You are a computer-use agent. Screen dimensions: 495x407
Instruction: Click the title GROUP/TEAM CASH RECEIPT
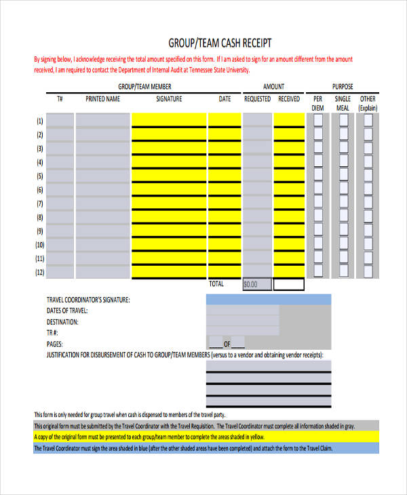coord(219,43)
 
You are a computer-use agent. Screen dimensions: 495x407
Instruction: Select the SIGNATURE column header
coord(169,99)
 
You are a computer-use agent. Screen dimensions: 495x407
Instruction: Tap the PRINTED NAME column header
coord(102,99)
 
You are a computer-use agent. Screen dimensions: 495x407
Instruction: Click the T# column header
coord(60,99)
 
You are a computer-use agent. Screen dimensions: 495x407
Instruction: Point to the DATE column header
coord(225,99)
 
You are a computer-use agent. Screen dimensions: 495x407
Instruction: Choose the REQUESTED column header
coord(257,99)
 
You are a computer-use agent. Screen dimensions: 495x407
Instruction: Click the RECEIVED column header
coord(289,99)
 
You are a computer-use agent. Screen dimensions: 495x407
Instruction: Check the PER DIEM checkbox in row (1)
coord(318,120)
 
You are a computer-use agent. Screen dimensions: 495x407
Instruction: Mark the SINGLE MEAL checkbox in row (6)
coord(343,189)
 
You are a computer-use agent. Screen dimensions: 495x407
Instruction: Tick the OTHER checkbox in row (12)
coord(368,272)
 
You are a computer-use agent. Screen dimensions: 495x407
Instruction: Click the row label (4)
coord(39,162)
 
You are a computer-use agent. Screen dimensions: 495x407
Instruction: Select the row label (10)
coord(39,245)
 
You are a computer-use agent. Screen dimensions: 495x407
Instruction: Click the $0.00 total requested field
coord(257,285)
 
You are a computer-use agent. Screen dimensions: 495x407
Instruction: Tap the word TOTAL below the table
coord(216,283)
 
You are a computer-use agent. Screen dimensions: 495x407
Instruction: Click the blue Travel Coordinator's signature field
coord(269,300)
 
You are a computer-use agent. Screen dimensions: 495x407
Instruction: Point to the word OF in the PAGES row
coord(237,344)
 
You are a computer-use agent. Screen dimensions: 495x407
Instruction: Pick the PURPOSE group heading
coord(343,87)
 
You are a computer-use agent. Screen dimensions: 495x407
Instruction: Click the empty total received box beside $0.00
coord(289,285)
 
